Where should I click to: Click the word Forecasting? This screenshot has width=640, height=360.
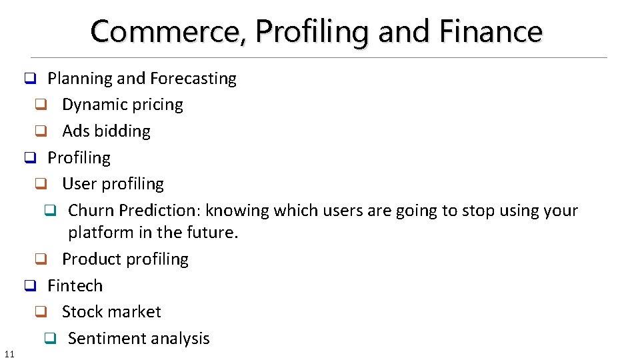coord(193,79)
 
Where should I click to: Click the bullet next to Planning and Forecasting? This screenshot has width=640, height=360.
coord(29,79)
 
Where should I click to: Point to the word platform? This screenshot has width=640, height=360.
coord(97,233)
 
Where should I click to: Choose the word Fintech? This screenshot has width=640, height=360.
coord(75,286)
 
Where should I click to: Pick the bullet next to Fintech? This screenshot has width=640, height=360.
coord(29,287)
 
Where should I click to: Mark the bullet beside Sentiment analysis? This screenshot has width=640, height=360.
coord(49,339)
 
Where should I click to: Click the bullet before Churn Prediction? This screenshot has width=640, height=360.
coord(49,211)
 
